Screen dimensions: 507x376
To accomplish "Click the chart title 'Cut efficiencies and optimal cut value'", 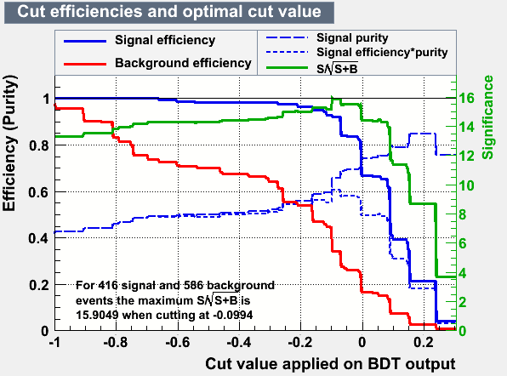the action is [x=169, y=12].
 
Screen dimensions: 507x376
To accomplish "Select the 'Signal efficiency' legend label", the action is [x=165, y=40].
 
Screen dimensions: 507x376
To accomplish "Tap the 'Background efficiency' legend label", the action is [x=183, y=63].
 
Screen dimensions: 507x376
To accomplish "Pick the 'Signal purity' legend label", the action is [x=352, y=37].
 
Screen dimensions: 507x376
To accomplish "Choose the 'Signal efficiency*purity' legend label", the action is [x=382, y=52].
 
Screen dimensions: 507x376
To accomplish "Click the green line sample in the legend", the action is [x=287, y=68].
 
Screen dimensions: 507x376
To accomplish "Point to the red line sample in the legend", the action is [x=85, y=64].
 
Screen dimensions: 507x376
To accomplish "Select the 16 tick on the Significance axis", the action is [x=466, y=98].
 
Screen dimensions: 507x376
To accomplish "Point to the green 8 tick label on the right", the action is [x=463, y=214].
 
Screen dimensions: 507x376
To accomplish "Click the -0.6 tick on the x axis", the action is [x=178, y=342].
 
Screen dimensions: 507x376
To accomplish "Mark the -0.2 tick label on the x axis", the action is [x=300, y=342].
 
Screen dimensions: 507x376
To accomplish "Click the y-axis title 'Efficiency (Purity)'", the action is [x=9, y=143].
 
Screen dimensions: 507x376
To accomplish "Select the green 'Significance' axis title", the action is [x=488, y=117].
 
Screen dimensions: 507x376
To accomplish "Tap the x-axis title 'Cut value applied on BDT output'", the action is [x=330, y=364].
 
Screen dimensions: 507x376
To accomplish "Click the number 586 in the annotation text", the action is [x=194, y=286].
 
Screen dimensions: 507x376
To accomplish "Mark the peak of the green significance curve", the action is [x=333, y=97].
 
